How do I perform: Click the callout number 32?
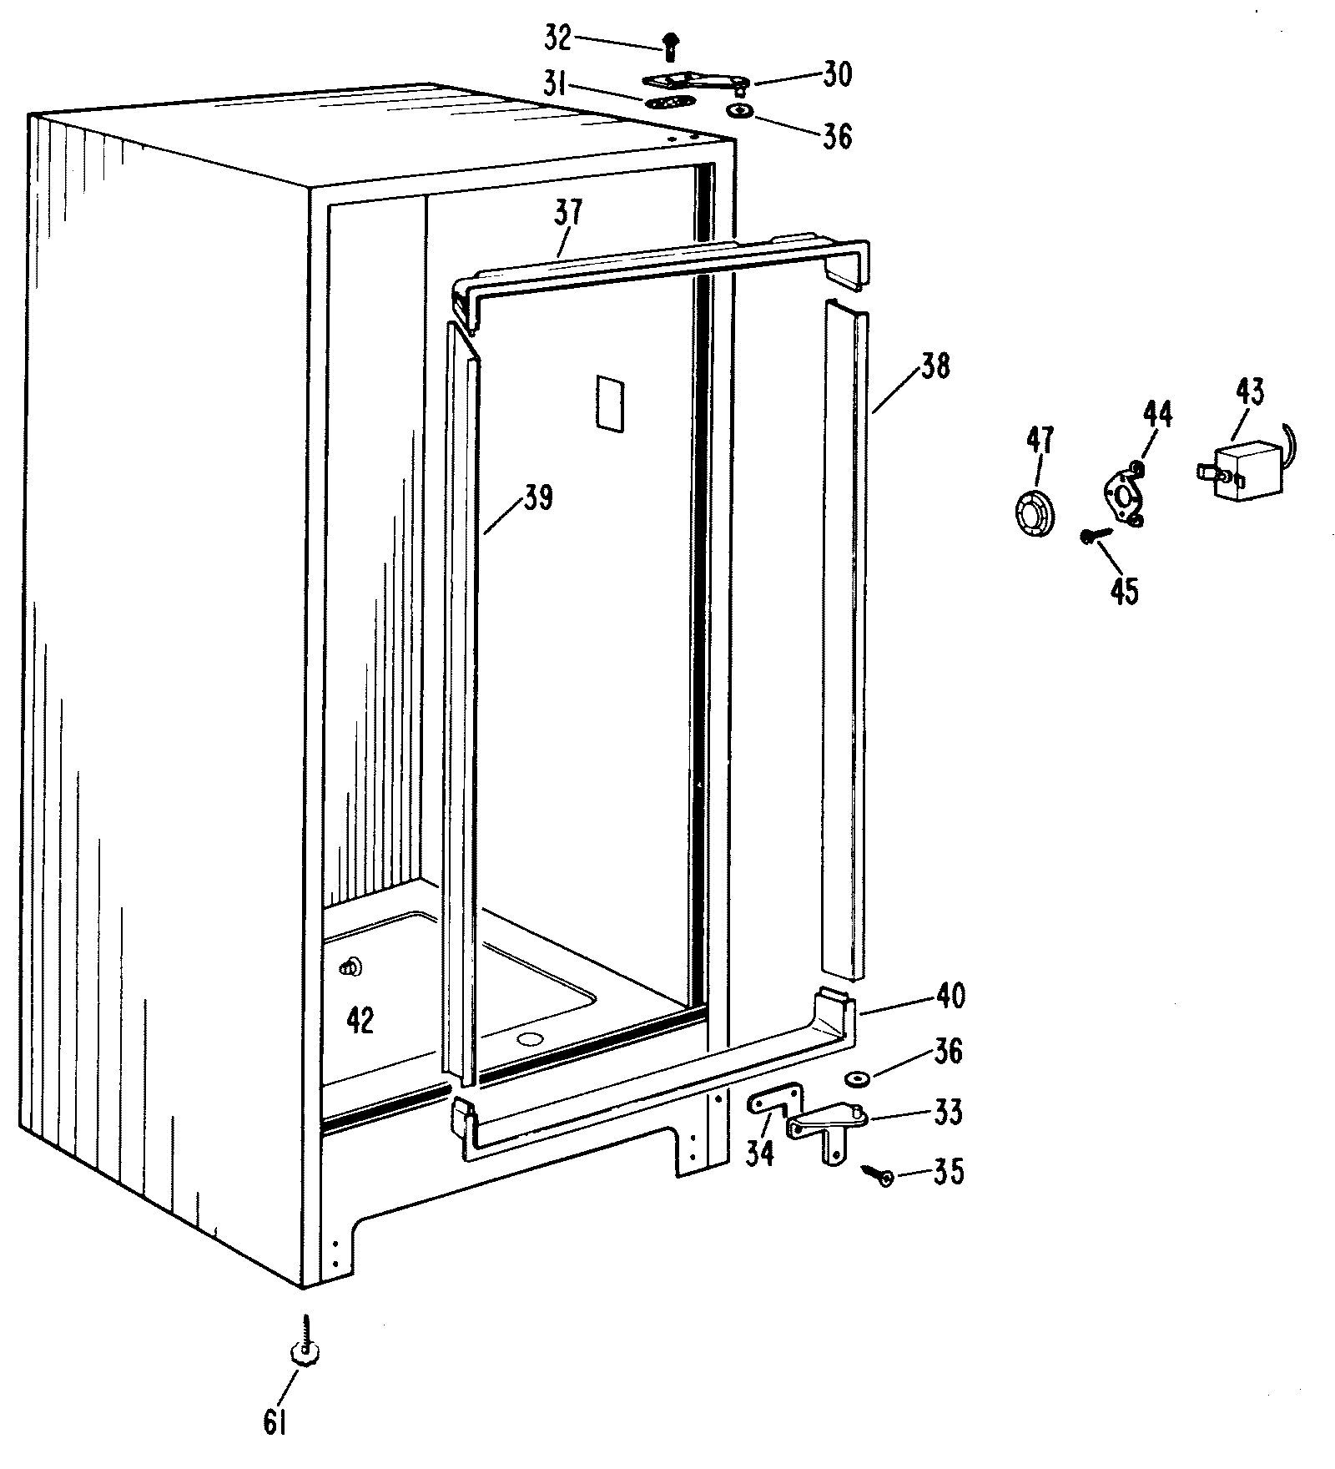(x=557, y=38)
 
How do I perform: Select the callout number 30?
(x=834, y=75)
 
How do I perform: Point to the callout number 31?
(x=555, y=85)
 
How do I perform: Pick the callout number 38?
(x=934, y=366)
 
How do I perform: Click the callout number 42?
(x=360, y=1020)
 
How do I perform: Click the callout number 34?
(x=760, y=1153)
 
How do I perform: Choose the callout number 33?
(x=948, y=1112)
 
